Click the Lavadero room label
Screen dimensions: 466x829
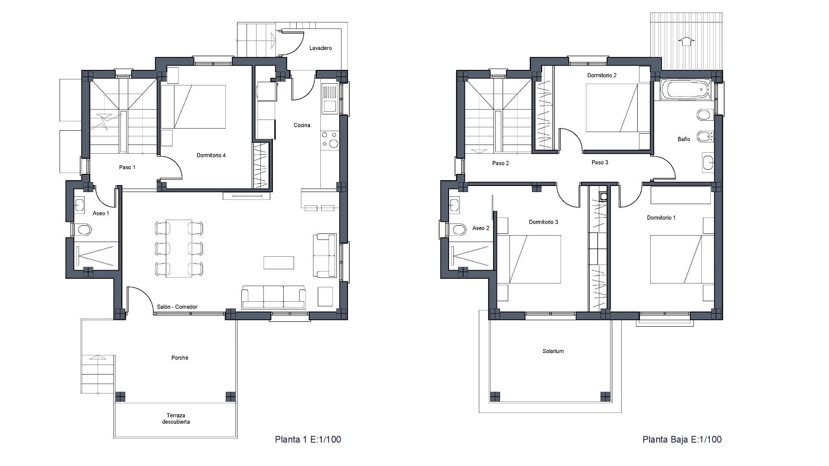pos(320,48)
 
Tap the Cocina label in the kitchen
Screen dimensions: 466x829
pos(302,125)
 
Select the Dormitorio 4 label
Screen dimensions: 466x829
pos(211,155)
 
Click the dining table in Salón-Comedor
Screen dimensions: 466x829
pos(179,248)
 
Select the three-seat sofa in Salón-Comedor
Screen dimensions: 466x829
pos(273,297)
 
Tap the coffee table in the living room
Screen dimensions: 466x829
pos(278,262)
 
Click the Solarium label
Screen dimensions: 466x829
pos(553,351)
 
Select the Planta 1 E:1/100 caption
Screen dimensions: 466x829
pos(308,439)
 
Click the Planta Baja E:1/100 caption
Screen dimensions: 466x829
pos(682,439)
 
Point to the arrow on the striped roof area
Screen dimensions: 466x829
pos(686,41)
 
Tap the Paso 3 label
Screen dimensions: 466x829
pos(600,163)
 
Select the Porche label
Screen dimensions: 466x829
pos(180,358)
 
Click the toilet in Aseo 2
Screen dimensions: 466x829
pos(458,229)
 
